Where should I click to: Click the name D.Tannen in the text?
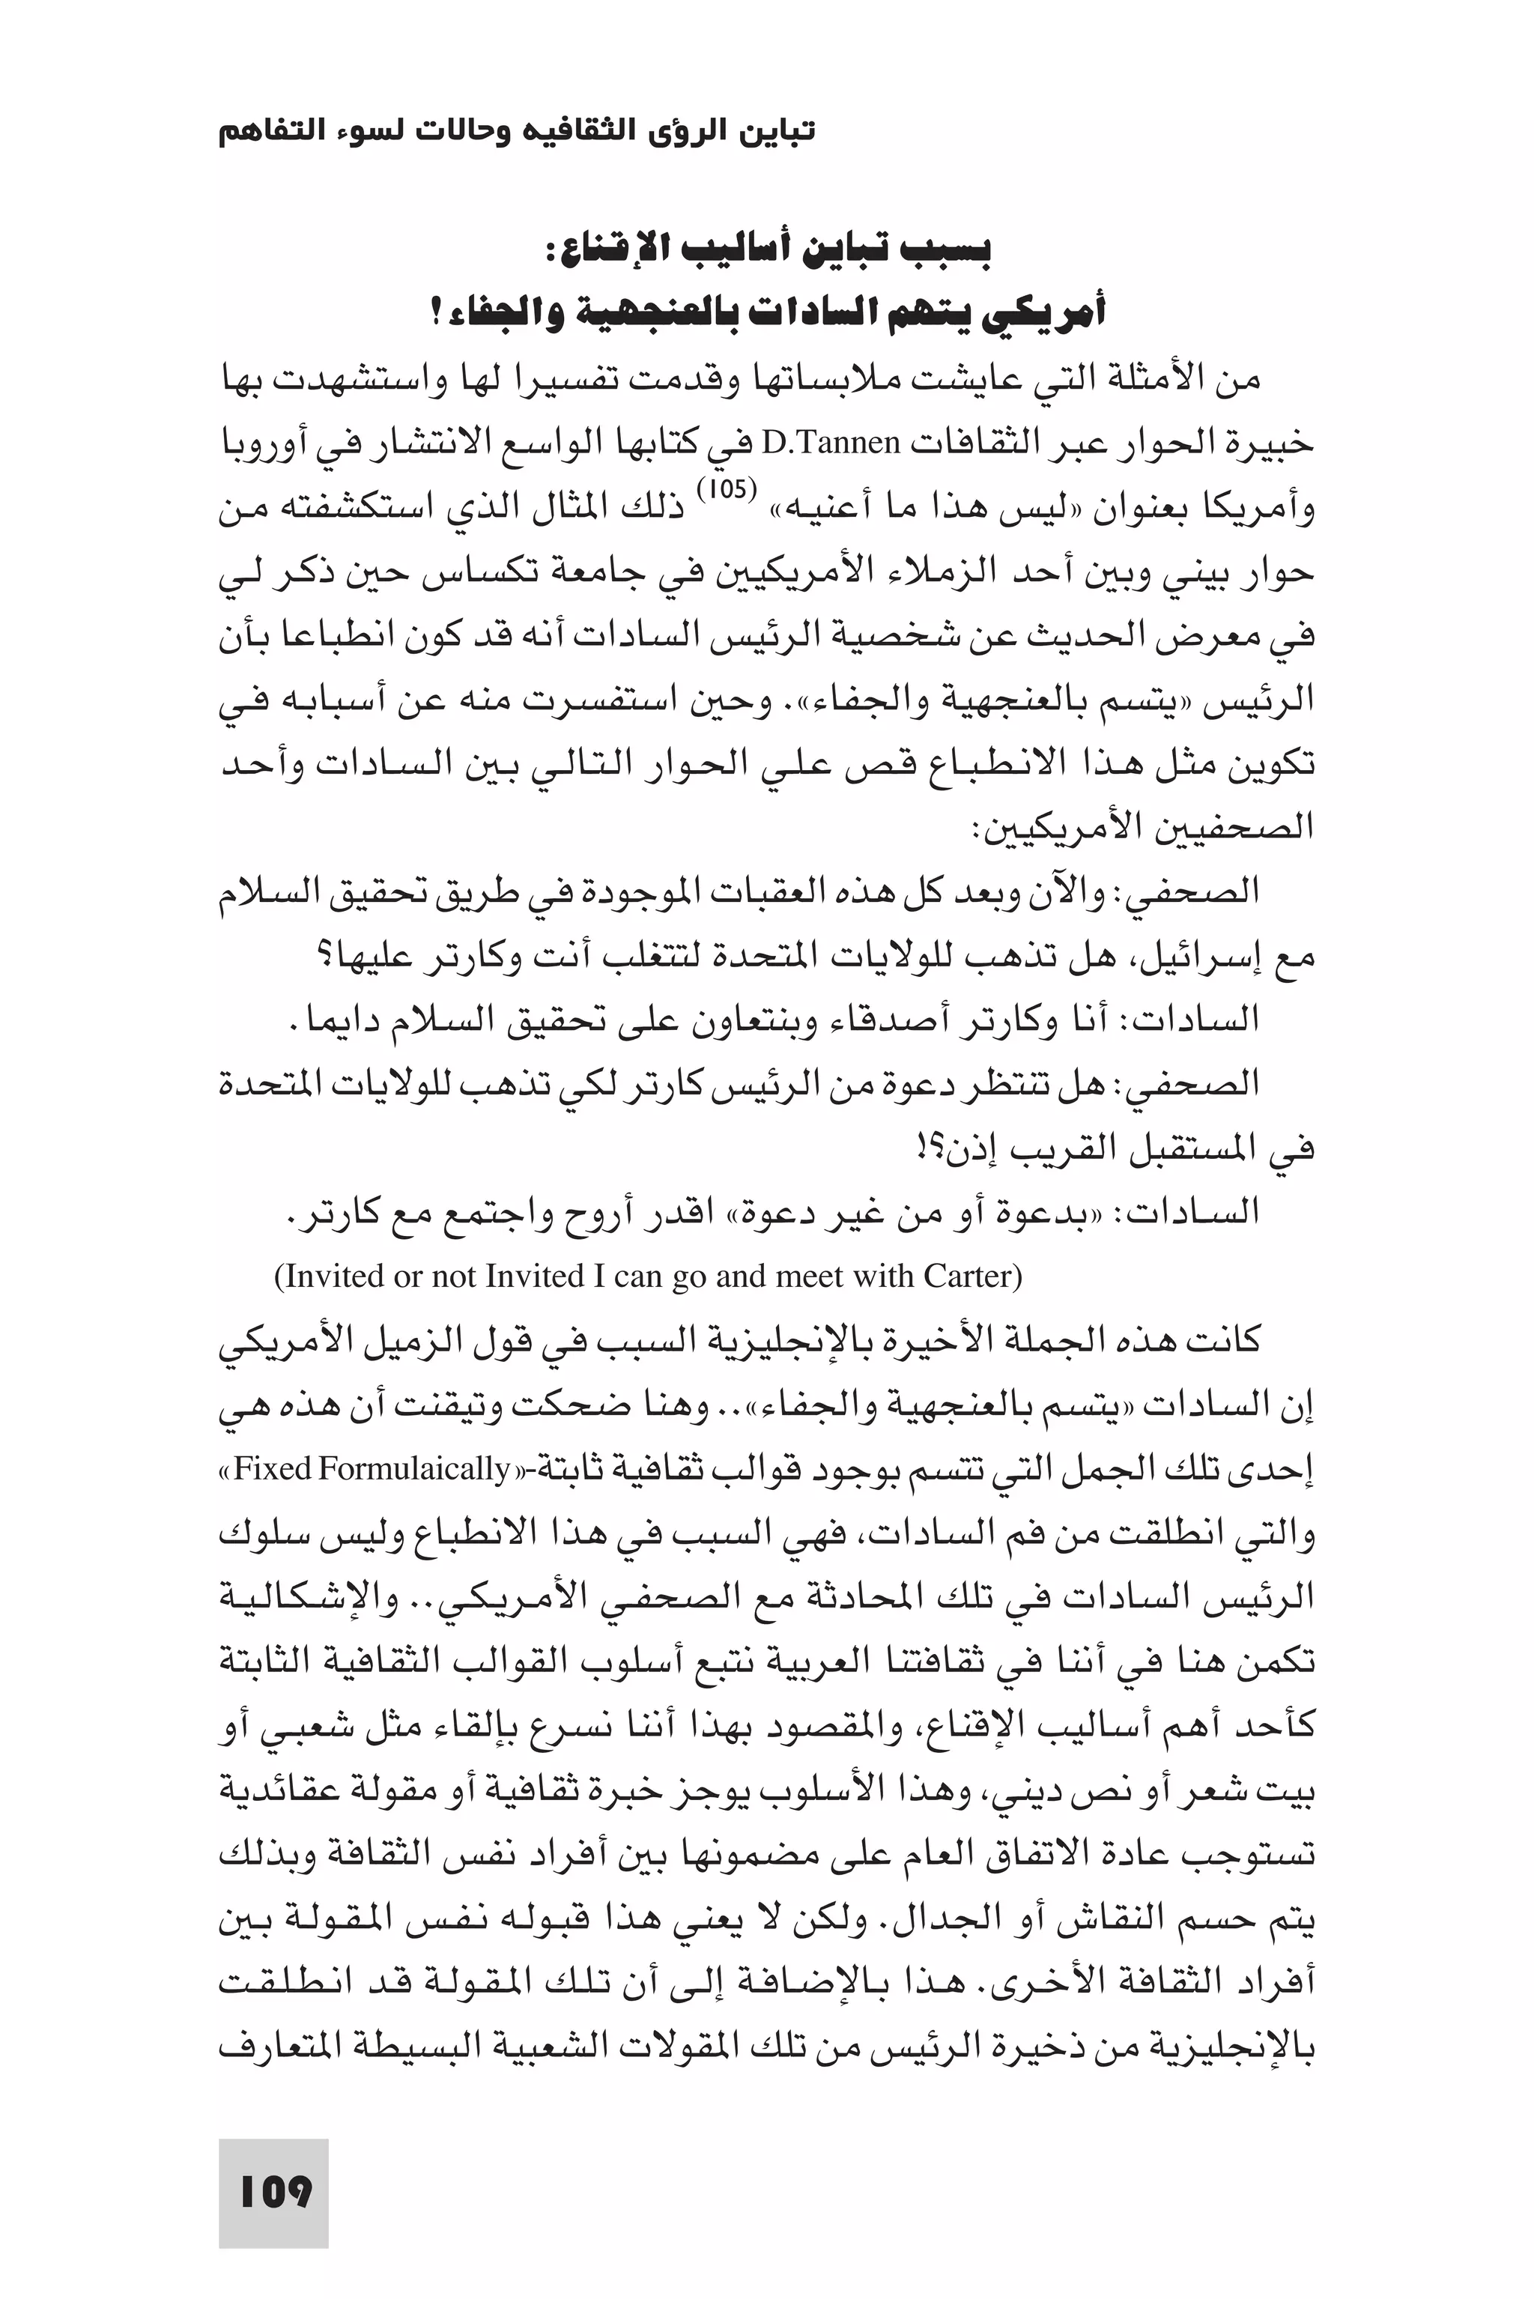click(x=831, y=444)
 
